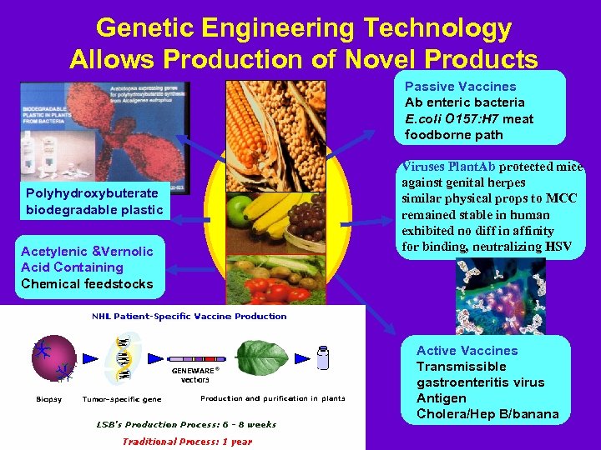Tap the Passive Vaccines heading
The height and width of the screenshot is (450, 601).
460,87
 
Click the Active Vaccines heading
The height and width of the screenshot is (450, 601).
467,351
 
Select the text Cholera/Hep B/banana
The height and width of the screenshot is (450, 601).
487,414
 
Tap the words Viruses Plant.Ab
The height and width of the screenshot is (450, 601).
448,166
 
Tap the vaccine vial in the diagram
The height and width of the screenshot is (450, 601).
324,358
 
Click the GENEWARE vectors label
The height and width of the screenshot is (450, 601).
195,374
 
